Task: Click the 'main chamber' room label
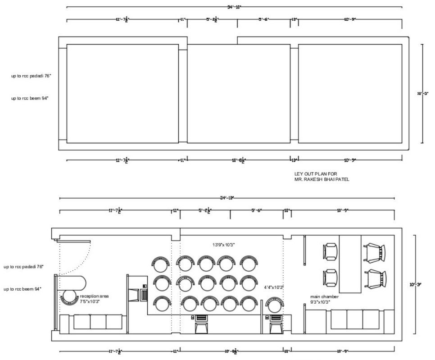[324, 297]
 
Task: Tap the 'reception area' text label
[94, 296]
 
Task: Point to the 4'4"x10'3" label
[274, 287]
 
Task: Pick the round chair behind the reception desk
[69, 297]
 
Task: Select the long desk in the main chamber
[350, 263]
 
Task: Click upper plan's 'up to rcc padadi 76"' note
[31, 76]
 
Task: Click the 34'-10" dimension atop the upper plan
[234, 7]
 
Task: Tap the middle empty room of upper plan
[238, 94]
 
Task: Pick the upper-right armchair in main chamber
[375, 252]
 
